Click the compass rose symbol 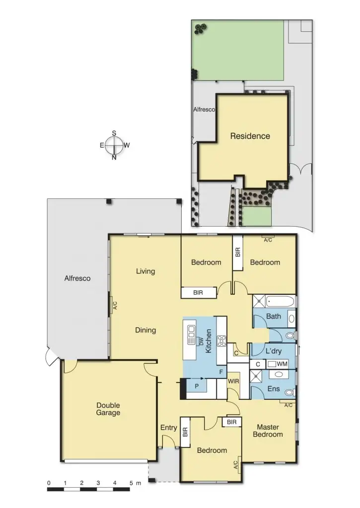[114, 145]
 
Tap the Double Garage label [108, 409]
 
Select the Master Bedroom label [268, 431]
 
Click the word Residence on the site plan [250, 136]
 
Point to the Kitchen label [209, 341]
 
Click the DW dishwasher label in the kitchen [201, 341]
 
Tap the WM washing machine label [282, 364]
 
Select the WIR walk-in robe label [233, 381]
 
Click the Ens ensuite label [274, 388]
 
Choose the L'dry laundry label [274, 351]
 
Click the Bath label [274, 316]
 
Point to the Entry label [169, 428]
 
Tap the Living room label [145, 271]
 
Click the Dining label [145, 330]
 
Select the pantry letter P [197, 386]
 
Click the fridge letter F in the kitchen [221, 372]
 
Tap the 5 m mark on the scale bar [131, 483]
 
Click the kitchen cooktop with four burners [222, 341]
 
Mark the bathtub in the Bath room [280, 301]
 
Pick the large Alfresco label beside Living [77, 278]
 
